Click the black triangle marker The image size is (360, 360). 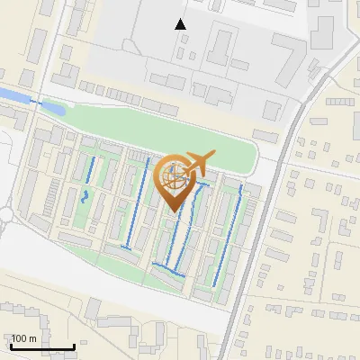coord(181,24)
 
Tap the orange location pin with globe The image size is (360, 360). coord(174,181)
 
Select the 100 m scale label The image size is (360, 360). coord(24,338)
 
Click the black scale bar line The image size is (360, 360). coord(42,346)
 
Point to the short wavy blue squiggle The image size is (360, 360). coord(85,196)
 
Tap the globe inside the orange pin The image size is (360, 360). coord(173,176)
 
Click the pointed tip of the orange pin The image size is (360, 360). coord(174,210)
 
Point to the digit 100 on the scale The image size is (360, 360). coord(20,338)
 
